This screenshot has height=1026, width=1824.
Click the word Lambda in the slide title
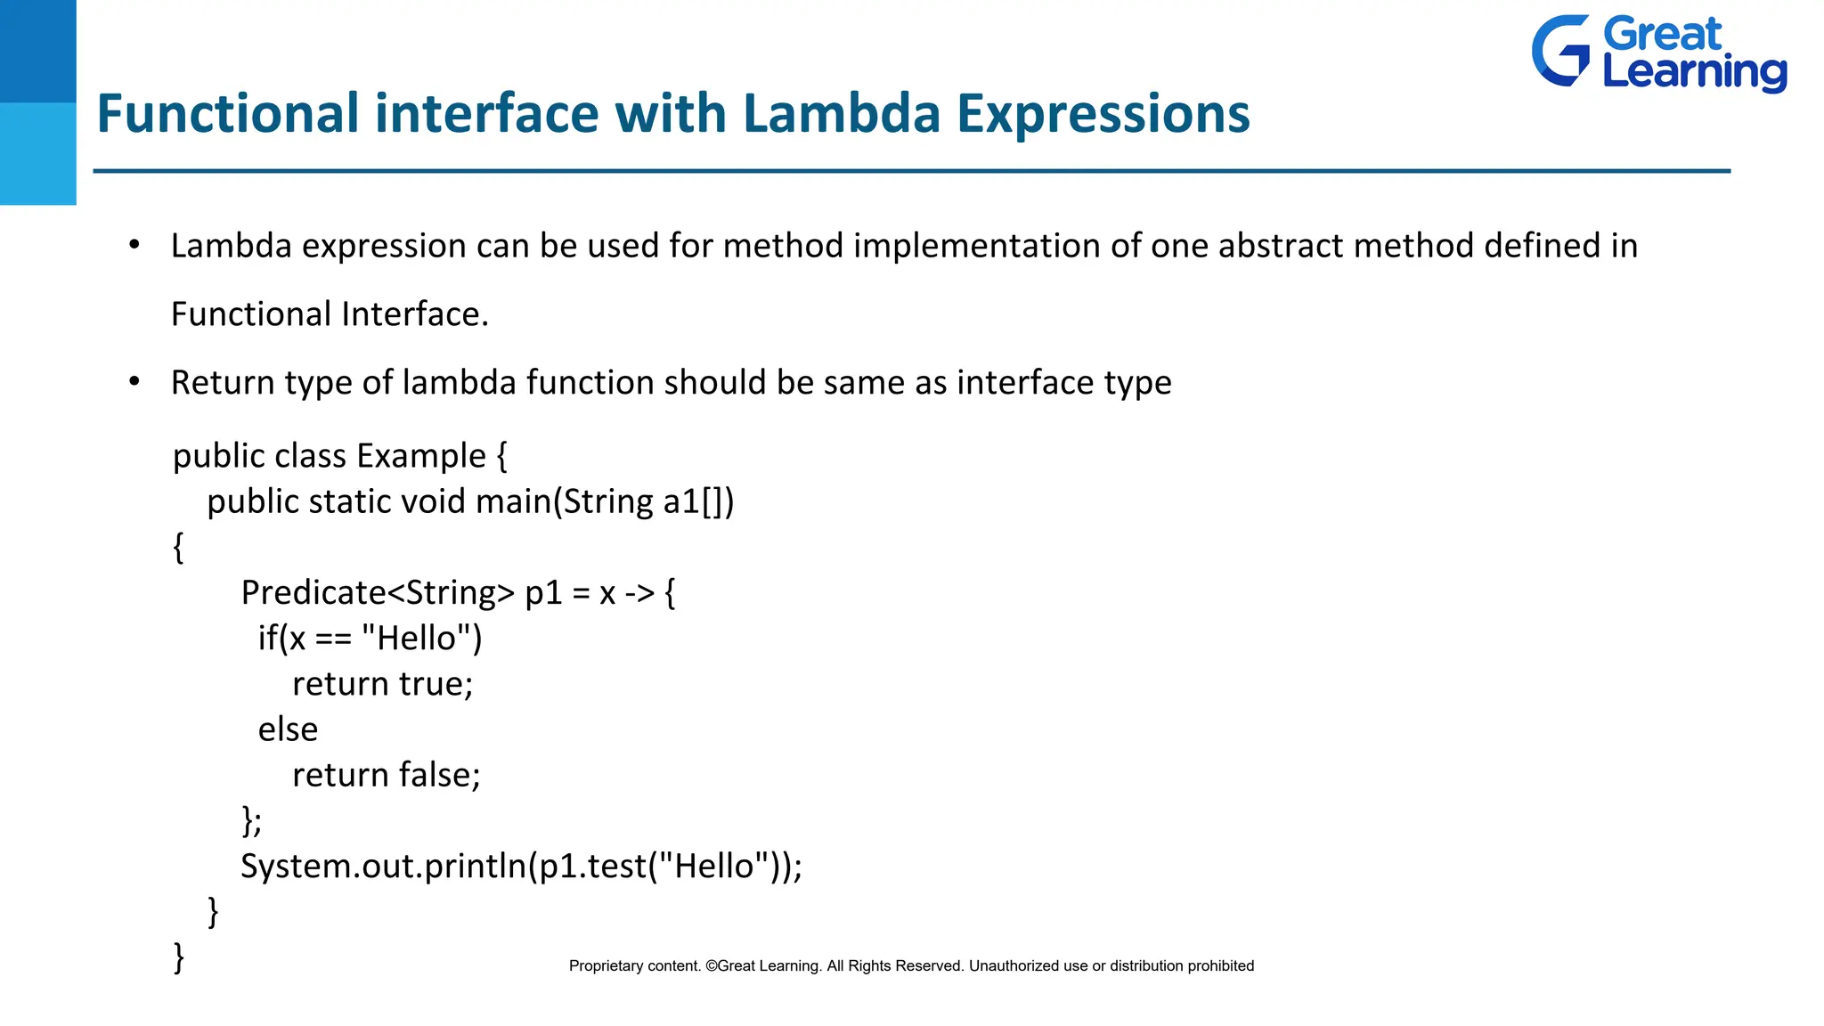(x=841, y=114)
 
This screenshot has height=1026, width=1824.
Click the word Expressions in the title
(x=1103, y=114)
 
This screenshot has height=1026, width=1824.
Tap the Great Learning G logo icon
(x=1560, y=52)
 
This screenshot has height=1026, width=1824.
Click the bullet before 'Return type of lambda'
(x=134, y=382)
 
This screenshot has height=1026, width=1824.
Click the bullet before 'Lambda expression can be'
(x=134, y=245)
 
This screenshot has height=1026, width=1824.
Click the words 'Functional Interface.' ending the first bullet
(x=330, y=314)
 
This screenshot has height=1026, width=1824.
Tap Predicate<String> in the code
(x=378, y=592)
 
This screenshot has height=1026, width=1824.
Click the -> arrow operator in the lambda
(x=639, y=593)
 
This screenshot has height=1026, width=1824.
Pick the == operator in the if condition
(x=333, y=639)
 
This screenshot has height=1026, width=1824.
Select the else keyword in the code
(x=288, y=729)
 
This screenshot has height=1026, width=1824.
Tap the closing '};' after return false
(x=251, y=819)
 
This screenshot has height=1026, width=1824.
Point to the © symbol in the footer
(x=711, y=966)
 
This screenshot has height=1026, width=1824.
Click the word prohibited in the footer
(x=1219, y=966)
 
